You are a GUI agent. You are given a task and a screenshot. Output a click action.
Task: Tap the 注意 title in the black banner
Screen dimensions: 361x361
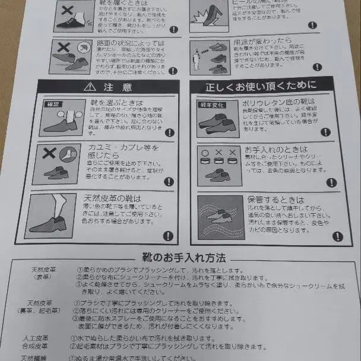[x=114, y=87]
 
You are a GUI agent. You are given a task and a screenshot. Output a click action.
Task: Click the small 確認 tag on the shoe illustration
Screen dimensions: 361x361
[x=55, y=104]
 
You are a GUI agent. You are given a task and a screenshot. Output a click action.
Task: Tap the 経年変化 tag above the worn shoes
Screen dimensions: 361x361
[x=211, y=104]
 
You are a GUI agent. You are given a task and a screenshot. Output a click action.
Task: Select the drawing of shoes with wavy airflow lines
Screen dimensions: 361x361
[x=220, y=216]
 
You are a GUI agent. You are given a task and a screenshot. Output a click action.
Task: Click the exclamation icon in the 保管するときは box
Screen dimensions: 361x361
[x=337, y=236]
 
